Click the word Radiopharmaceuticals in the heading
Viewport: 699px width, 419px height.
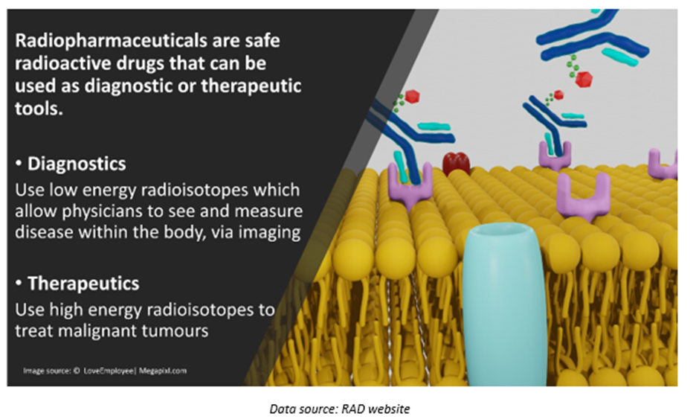point(112,41)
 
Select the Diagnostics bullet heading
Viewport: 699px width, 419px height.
point(77,164)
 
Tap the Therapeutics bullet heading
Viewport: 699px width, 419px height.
point(83,284)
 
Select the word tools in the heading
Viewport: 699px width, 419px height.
point(39,108)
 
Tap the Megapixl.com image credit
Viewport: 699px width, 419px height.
point(163,371)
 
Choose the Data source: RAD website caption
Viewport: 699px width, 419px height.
point(340,409)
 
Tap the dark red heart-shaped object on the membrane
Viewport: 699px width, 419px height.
point(456,163)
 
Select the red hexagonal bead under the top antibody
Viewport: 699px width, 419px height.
point(583,79)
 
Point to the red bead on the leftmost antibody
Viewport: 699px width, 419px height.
point(413,97)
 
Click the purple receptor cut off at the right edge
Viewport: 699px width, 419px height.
point(663,163)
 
